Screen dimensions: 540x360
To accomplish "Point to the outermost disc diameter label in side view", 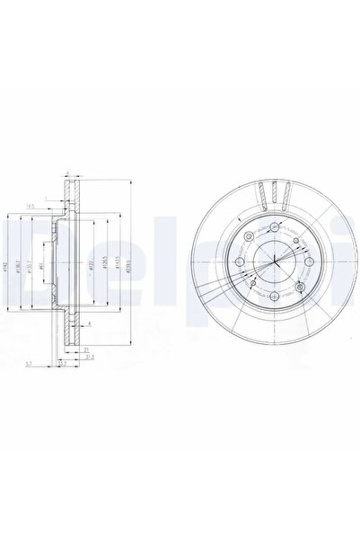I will coord(132,267).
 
